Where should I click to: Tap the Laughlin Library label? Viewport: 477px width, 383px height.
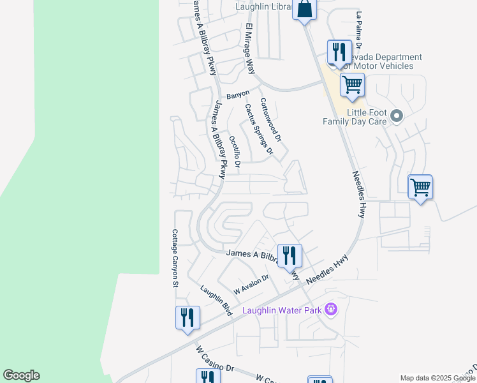(x=263, y=7)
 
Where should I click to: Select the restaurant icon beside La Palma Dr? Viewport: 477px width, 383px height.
(x=339, y=52)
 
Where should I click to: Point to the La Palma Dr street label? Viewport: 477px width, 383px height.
(x=359, y=38)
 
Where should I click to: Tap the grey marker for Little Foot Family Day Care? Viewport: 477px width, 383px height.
(x=397, y=116)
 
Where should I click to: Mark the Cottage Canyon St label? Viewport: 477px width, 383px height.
(x=174, y=258)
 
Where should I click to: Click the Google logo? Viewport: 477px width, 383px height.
(x=21, y=375)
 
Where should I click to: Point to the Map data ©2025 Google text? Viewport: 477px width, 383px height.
(x=437, y=378)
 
